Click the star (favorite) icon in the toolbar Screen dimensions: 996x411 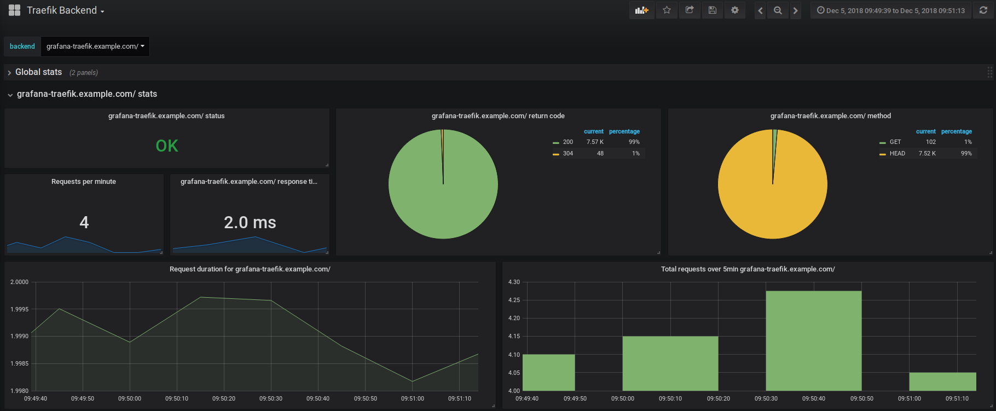667,10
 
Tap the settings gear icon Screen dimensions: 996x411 735,10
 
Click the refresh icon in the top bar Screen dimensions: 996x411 983,10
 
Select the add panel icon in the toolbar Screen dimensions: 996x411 641,10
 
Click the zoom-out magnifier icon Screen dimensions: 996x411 778,10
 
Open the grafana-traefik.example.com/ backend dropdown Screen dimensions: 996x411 95,47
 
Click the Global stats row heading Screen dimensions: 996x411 38,72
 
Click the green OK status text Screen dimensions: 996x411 167,146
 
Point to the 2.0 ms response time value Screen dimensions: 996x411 250,222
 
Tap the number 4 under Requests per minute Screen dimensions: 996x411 84,222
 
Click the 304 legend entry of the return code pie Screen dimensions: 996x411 568,154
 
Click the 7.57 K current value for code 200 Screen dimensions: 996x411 595,142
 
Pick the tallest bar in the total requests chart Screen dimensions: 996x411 814,340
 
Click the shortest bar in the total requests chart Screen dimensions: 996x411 943,381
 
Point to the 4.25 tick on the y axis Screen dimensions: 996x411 514,300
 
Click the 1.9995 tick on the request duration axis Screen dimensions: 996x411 19,309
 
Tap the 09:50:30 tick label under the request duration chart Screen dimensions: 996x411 271,398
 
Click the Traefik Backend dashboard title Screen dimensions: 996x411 62,10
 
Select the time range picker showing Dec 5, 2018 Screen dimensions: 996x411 891,10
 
